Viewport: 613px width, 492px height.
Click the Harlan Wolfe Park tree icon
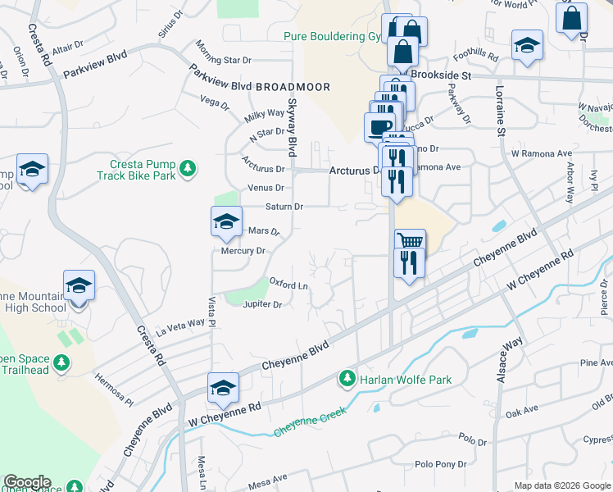click(347, 379)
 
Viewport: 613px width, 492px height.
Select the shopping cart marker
click(410, 241)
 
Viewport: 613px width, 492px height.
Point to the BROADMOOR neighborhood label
click(293, 87)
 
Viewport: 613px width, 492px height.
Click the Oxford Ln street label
click(288, 284)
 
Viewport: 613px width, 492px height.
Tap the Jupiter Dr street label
click(262, 305)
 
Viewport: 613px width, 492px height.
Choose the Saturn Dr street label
click(284, 207)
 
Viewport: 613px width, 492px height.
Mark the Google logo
click(27, 482)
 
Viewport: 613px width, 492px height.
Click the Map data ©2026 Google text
click(562, 485)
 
